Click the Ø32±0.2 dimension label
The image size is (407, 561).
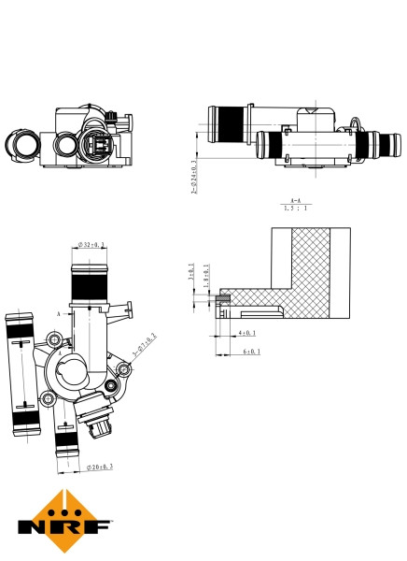[x=90, y=245]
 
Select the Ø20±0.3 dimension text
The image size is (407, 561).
[x=100, y=466]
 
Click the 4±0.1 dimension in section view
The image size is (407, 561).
[x=246, y=332]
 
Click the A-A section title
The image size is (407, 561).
[x=295, y=200]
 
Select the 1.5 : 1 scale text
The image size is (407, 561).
[x=295, y=209]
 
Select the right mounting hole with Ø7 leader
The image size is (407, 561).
[x=113, y=385]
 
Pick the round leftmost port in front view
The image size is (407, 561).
[x=22, y=145]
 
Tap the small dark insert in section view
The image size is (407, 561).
[x=224, y=300]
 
